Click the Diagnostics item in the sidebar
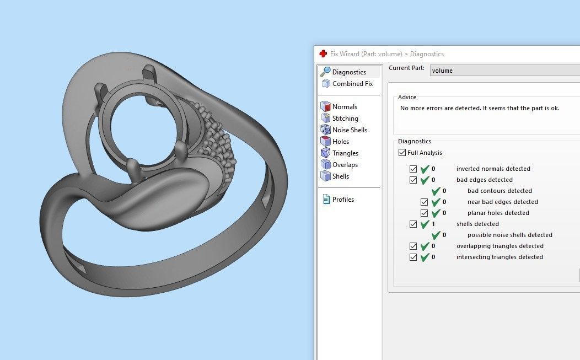(x=348, y=72)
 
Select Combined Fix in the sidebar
(x=352, y=84)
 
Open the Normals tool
(x=344, y=107)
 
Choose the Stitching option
(x=345, y=119)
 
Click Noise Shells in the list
(x=349, y=130)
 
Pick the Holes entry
(x=340, y=142)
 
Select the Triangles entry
(x=345, y=153)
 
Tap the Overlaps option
(x=345, y=165)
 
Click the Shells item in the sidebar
(x=340, y=176)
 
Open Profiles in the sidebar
(x=342, y=200)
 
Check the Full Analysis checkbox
(x=402, y=153)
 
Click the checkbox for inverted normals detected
(x=413, y=169)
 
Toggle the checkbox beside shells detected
(x=413, y=224)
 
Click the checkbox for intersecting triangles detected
(x=413, y=257)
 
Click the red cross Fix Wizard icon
(x=323, y=53)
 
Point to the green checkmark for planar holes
(x=436, y=213)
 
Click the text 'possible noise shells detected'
(x=509, y=235)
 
